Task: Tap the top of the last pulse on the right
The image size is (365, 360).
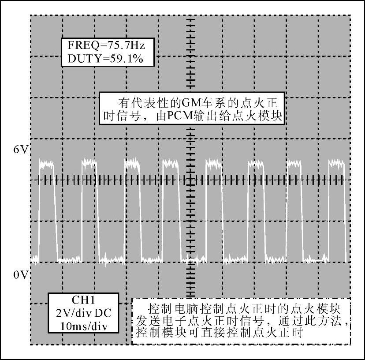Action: (336, 164)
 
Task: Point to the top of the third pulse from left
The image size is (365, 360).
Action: (132, 164)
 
